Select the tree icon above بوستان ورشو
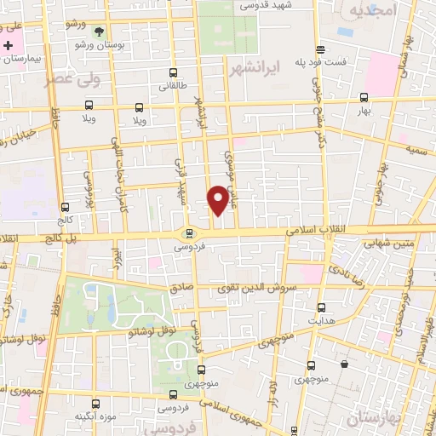tap(100, 32)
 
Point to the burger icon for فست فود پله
tap(320, 49)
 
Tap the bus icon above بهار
tap(364, 97)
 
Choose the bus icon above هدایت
tap(321, 307)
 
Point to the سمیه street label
tap(416, 150)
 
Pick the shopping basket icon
tap(344, 364)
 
